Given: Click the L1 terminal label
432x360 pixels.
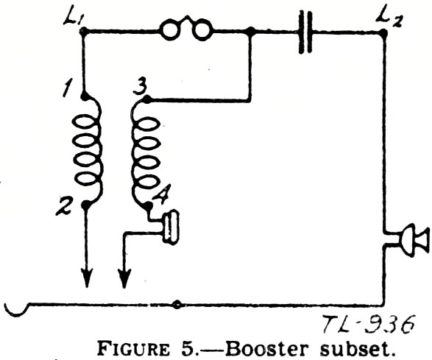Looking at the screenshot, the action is click(x=71, y=18).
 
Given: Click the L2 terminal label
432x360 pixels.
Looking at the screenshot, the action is click(x=389, y=18).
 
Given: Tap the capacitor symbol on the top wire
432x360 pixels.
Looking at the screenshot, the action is click(x=305, y=32).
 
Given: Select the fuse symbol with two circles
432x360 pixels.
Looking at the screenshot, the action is click(x=186, y=29).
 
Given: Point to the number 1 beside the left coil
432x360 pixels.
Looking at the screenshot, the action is click(x=66, y=88).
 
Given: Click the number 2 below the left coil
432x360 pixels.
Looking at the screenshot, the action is click(x=64, y=206).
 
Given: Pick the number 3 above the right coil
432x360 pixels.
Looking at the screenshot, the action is click(x=139, y=87).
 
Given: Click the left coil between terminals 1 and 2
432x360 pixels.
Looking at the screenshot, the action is click(x=88, y=150).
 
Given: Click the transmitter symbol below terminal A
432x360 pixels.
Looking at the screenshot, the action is click(x=171, y=227).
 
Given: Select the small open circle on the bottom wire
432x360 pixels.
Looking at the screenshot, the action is click(x=177, y=305).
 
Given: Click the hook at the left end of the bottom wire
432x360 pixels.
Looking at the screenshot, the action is click(x=16, y=311).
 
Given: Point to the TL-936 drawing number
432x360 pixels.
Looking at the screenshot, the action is click(x=368, y=325).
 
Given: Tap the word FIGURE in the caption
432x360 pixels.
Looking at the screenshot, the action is click(x=134, y=348).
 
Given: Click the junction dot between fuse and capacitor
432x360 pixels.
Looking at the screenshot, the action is click(x=250, y=32).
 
